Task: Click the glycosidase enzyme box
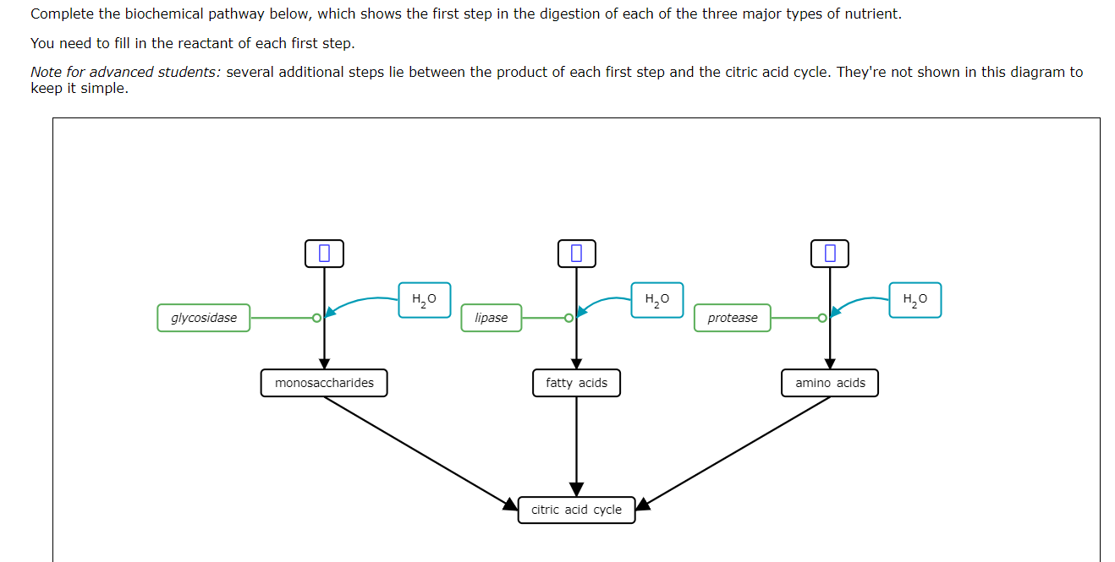tap(204, 318)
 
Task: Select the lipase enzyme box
tap(492, 318)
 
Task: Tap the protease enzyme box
tap(733, 318)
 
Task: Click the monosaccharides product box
tap(324, 383)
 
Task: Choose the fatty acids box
tap(576, 383)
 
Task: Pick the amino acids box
tap(830, 383)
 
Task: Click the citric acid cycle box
tap(576, 510)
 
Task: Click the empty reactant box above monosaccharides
tap(324, 253)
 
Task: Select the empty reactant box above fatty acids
tap(576, 253)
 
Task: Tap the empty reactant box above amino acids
tap(830, 253)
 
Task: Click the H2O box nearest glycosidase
tap(424, 300)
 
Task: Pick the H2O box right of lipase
tap(657, 300)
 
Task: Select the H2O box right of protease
tap(915, 300)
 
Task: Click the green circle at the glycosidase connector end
tap(316, 319)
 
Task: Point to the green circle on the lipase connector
tap(569, 319)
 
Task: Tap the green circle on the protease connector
tap(822, 319)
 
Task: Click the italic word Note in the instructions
tap(47, 72)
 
